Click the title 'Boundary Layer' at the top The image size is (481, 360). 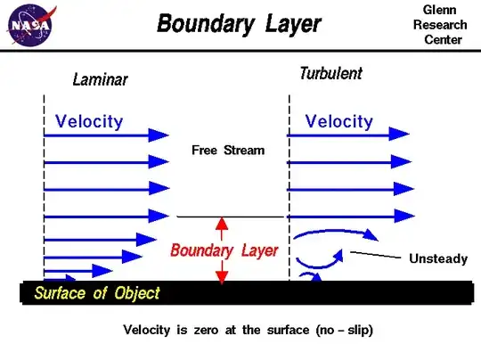point(238,23)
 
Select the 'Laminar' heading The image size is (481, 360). point(100,79)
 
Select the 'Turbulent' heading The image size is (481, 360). point(330,74)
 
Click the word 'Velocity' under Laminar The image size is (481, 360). point(89,120)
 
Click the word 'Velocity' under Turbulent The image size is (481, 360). point(339,120)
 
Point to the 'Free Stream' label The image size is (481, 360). point(228,150)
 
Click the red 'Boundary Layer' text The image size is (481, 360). point(224,250)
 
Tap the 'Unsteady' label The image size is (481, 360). point(437,258)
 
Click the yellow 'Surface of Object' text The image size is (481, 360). point(97,293)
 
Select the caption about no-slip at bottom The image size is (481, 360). point(248,330)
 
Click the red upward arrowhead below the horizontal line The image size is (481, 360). point(223,225)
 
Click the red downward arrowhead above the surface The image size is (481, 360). point(223,276)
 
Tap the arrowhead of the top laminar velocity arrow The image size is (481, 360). point(159,135)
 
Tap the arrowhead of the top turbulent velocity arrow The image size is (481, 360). point(401,136)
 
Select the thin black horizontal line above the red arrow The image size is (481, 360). point(229,217)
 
